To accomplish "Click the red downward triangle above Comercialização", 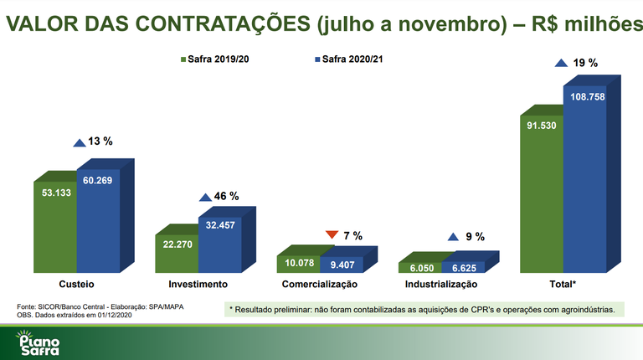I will pyautogui.click(x=332, y=235).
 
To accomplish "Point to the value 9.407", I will pyautogui.click(x=342, y=265).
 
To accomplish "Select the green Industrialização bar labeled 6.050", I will pyautogui.click(x=420, y=267).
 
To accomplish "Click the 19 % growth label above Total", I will pyautogui.click(x=586, y=63).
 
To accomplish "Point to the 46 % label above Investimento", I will pyautogui.click(x=226, y=196).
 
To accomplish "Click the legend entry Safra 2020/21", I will pyautogui.click(x=347, y=59).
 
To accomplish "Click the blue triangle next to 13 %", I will pyautogui.click(x=79, y=143).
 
